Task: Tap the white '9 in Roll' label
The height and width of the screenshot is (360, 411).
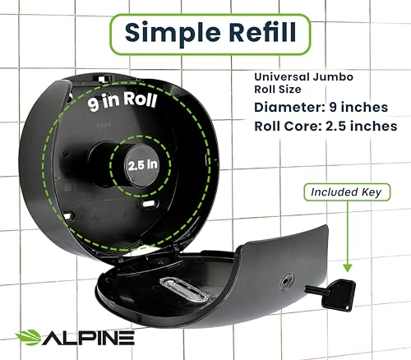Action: pos(122,100)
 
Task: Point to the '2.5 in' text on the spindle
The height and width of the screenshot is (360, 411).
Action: pos(143,165)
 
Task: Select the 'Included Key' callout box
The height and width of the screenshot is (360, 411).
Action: pos(347,192)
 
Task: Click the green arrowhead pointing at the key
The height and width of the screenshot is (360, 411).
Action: pos(348,268)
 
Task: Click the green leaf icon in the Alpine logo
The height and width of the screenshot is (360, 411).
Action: pos(28,337)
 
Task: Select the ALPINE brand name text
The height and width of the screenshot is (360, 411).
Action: pos(88,338)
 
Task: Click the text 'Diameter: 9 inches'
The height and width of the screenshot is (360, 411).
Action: pos(321,107)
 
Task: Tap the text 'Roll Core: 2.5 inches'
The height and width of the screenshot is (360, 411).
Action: pos(326,127)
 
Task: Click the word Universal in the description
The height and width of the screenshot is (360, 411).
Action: pos(281,77)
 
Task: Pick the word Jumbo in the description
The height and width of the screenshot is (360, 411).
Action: pos(333,77)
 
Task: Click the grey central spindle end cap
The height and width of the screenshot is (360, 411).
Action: pos(142,165)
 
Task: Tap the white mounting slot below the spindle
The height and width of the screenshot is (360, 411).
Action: pos(149,204)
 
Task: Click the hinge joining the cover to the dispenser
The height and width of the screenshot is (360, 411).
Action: pos(175,252)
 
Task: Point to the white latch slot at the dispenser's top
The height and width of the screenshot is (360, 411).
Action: pos(103,79)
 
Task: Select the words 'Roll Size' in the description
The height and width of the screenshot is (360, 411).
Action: pos(278,90)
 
